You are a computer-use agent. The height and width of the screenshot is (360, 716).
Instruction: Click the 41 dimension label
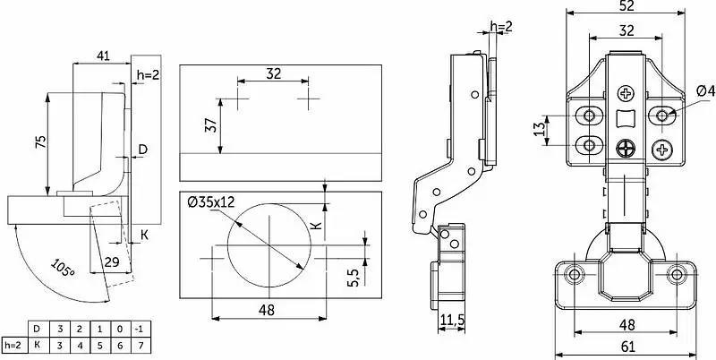tap(103, 56)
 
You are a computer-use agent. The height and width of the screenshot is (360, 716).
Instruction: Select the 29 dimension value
tap(111, 262)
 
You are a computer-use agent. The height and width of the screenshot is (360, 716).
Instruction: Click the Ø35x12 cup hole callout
tap(211, 201)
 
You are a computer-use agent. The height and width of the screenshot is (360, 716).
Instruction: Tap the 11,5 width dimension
tap(452, 320)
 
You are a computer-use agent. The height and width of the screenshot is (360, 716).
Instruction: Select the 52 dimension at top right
tap(626, 5)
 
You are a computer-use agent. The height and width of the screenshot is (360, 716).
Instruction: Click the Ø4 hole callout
tap(705, 91)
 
